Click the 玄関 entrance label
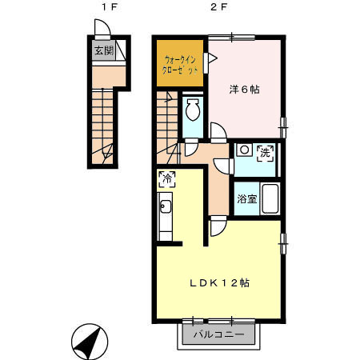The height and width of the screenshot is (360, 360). point(103,50)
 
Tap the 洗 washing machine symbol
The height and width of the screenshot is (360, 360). point(265,152)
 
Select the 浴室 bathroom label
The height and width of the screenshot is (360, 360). point(246,198)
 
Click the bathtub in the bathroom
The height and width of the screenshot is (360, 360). point(269,198)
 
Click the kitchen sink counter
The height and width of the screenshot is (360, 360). point(166,214)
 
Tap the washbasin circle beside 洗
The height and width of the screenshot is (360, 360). point(243,150)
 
